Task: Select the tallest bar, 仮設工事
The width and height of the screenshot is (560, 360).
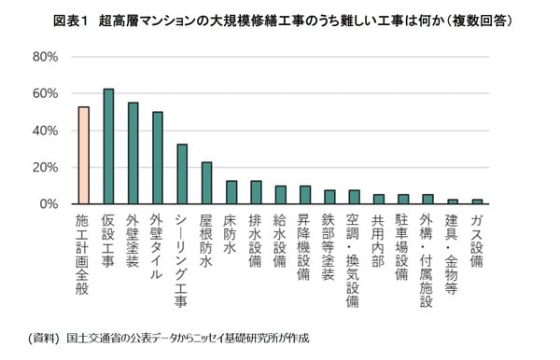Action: point(108,146)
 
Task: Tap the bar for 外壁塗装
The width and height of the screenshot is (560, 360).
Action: point(133,153)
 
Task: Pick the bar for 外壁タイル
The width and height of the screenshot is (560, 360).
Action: point(158,158)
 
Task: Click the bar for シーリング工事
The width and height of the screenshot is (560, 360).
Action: point(182,174)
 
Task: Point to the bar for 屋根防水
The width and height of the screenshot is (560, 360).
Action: point(206,183)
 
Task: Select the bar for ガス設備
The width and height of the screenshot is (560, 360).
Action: point(477,201)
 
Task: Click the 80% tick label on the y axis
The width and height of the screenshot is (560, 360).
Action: point(46,57)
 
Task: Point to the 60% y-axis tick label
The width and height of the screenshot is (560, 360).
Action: point(46,93)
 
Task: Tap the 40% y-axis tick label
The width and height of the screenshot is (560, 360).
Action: point(46,131)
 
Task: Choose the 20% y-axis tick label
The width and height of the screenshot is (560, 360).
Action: point(46,167)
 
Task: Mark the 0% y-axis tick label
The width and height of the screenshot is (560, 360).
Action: point(49,203)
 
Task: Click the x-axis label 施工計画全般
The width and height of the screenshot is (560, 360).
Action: point(84,250)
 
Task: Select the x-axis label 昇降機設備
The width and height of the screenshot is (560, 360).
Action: point(304,244)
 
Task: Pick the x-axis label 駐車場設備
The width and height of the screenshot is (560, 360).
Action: point(402,244)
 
